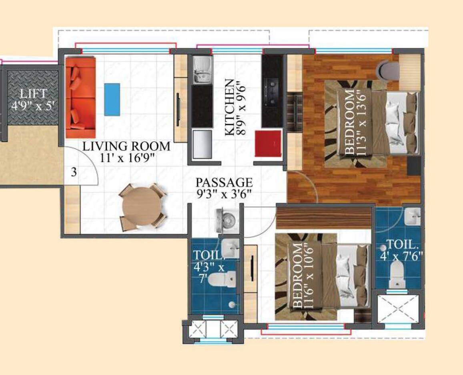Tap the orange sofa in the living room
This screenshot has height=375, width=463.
click(x=80, y=97)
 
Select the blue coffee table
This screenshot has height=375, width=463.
click(x=112, y=99)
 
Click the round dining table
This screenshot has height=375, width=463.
click(x=142, y=207)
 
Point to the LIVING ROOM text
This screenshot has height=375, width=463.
click(x=126, y=146)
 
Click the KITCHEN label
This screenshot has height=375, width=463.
click(x=230, y=107)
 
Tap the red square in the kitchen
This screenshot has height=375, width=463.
click(x=268, y=143)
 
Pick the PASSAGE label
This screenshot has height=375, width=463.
click(x=224, y=182)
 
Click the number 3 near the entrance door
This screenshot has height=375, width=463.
click(x=74, y=173)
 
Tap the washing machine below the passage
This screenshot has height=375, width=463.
click(x=228, y=220)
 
